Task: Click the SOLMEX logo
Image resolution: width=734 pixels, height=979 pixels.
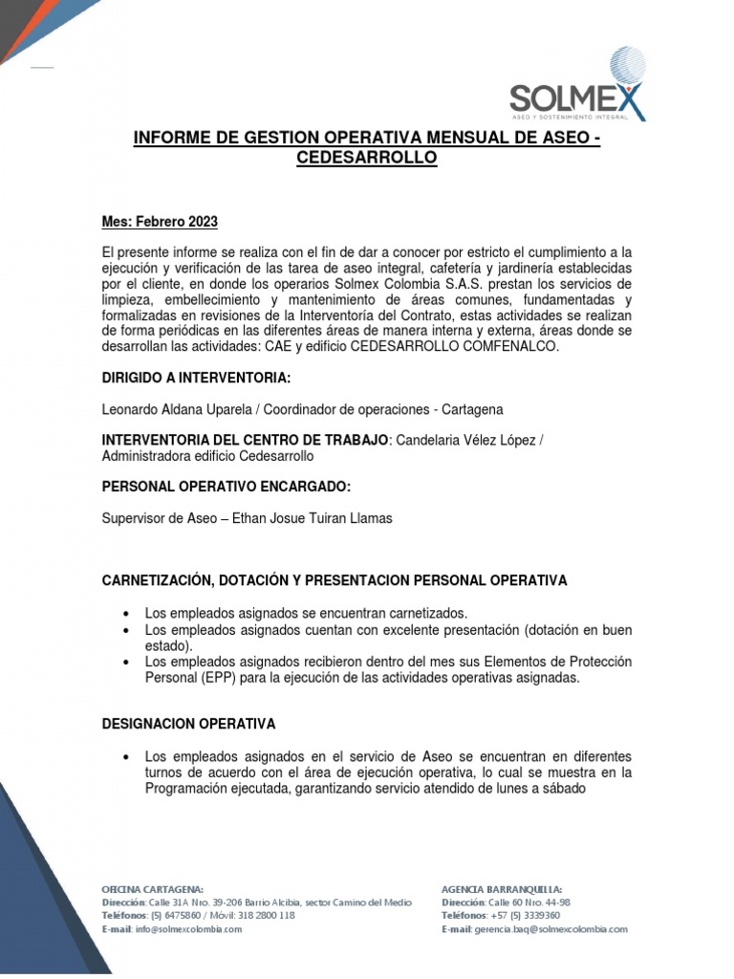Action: click(x=577, y=86)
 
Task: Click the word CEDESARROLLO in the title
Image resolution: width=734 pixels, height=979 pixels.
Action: click(x=367, y=158)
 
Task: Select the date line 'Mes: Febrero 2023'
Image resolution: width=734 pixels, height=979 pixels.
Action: click(x=160, y=223)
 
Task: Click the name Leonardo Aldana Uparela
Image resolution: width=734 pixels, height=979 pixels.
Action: click(x=181, y=409)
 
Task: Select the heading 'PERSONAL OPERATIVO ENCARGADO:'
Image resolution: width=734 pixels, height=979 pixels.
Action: click(x=227, y=488)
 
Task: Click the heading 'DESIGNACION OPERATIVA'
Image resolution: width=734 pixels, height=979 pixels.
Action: click(x=188, y=724)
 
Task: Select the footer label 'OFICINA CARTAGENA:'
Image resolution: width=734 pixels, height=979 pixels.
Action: click(x=153, y=888)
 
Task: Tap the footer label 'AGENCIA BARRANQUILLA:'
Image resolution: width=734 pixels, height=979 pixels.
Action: click(x=502, y=888)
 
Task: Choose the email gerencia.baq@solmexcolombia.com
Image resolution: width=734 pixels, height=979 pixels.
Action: click(x=550, y=929)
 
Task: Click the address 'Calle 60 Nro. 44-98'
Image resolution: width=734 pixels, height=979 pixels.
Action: click(x=529, y=902)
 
